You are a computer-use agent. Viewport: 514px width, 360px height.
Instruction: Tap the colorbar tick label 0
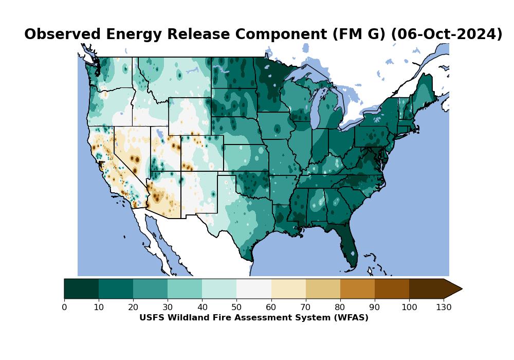click(x=64, y=308)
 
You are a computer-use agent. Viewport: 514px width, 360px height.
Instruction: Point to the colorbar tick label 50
click(x=236, y=308)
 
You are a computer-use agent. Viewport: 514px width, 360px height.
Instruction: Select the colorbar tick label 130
click(x=444, y=308)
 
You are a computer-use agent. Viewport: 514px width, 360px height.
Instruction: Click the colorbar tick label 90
click(x=375, y=308)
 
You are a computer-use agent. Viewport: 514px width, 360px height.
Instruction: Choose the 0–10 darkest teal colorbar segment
click(x=81, y=289)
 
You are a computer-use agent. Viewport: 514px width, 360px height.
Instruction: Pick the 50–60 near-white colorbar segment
click(x=254, y=289)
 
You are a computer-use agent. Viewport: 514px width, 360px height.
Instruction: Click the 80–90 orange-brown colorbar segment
click(x=357, y=289)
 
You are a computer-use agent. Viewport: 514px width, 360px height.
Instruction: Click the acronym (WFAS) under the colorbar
click(x=350, y=318)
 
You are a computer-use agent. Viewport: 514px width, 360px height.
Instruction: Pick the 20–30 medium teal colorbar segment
click(x=150, y=289)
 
